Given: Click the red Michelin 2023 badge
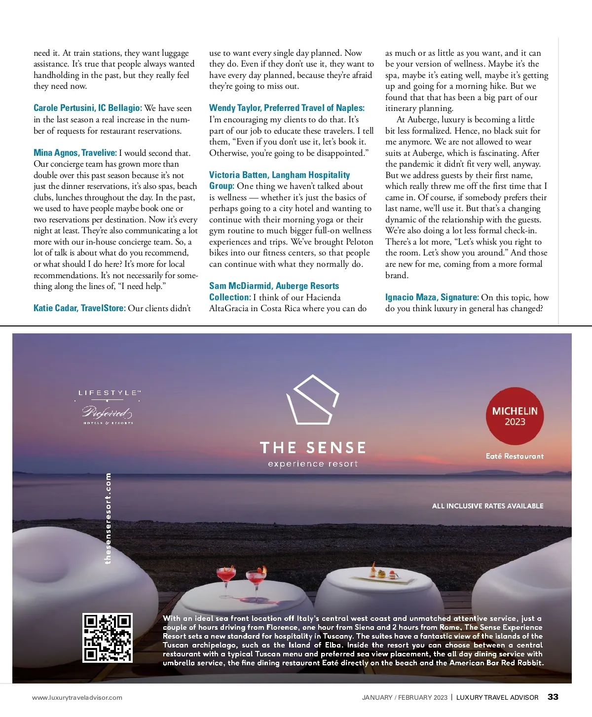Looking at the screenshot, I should (x=515, y=416).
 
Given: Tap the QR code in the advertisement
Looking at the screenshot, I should (x=108, y=637).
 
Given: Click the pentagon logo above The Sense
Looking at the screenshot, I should (x=313, y=400).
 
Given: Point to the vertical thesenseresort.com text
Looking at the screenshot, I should (x=108, y=518).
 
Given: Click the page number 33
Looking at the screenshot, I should (x=553, y=697).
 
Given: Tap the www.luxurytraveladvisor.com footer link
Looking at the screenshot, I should (x=77, y=697).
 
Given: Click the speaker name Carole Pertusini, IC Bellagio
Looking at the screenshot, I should (x=88, y=108).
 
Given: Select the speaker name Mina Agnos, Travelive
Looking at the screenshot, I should (x=75, y=153).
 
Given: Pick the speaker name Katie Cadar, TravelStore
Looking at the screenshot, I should (x=79, y=308).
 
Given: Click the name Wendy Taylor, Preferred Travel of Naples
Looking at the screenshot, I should (x=287, y=108).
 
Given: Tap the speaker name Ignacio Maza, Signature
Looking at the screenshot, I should (x=432, y=297).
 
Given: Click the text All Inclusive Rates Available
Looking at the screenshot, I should (x=487, y=506).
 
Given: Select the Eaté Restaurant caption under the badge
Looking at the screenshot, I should (x=515, y=456).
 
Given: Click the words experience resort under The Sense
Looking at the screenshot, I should (x=313, y=464).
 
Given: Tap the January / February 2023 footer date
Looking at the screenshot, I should (x=405, y=697).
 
